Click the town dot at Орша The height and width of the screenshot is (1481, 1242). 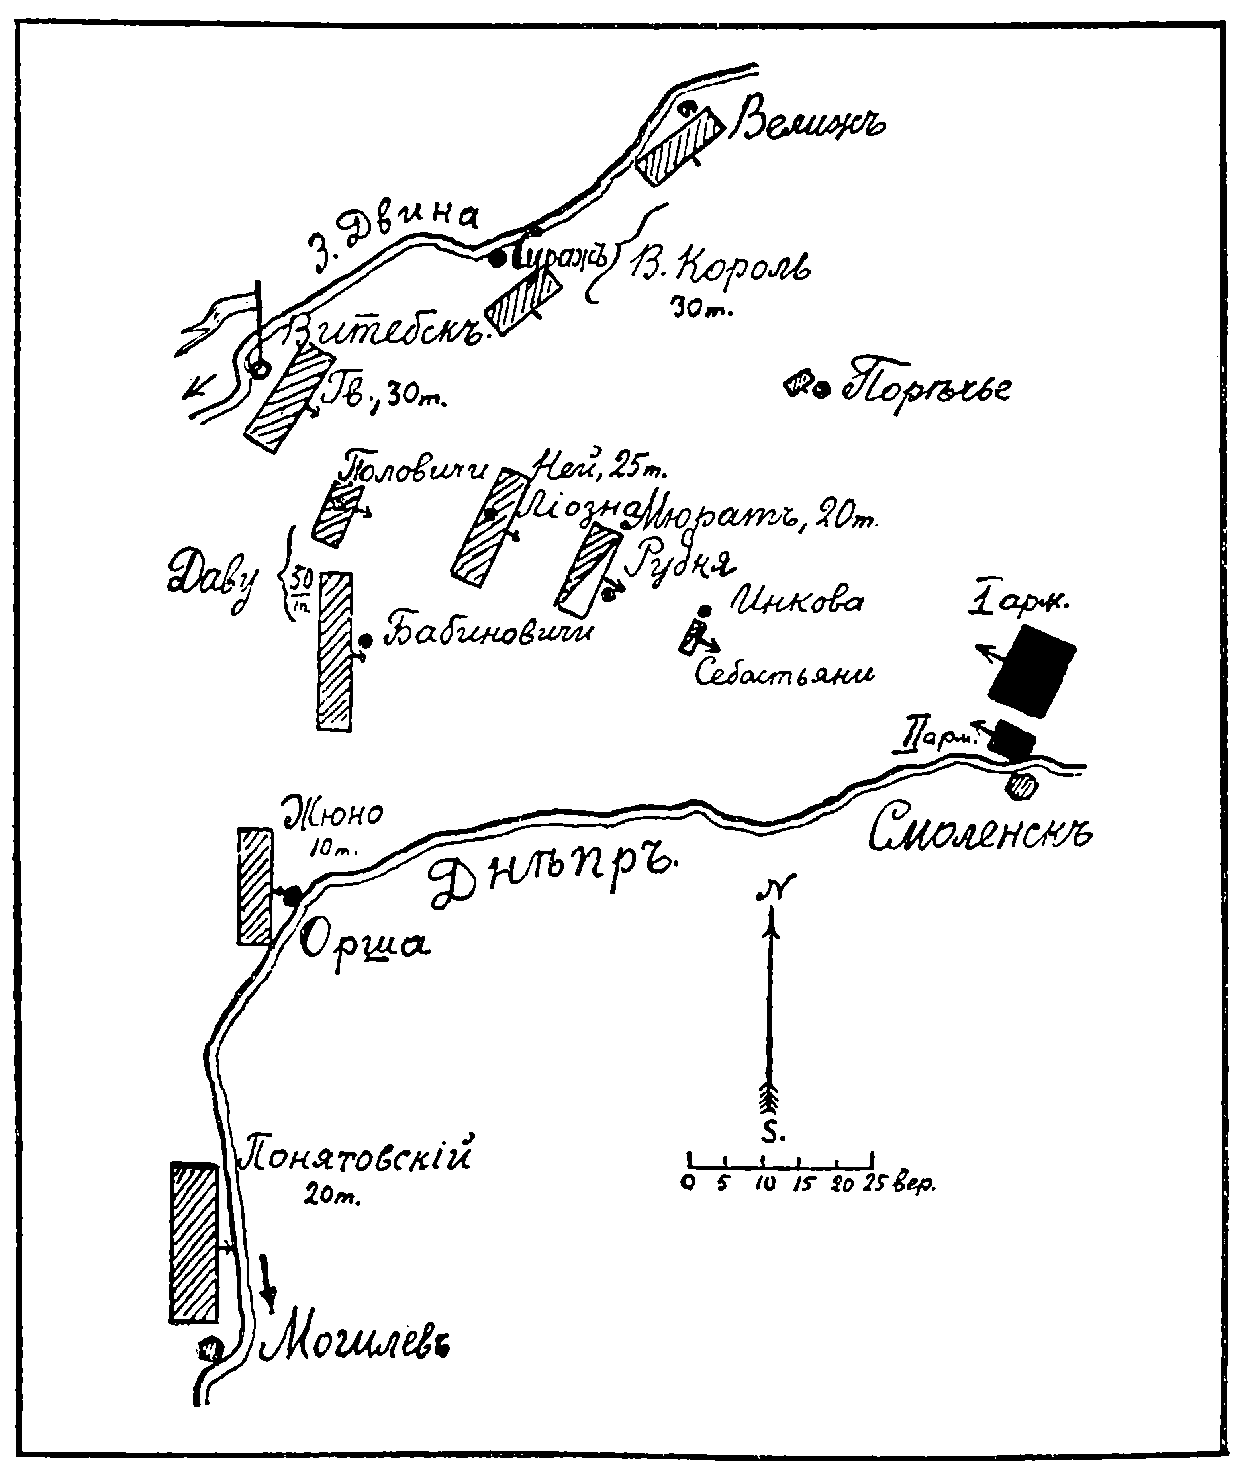point(292,894)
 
